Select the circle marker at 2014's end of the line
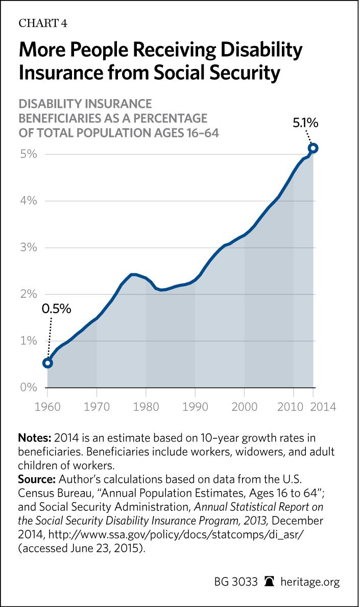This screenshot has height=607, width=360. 314,148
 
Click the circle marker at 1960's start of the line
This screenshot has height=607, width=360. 47,363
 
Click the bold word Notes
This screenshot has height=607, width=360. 33,438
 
